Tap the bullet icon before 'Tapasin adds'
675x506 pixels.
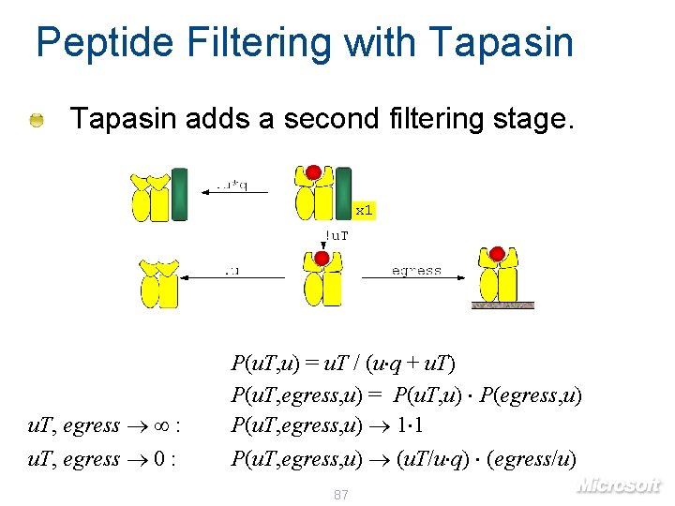tap(36, 120)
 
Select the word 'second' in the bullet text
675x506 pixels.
tap(334, 119)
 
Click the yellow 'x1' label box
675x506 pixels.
tap(364, 211)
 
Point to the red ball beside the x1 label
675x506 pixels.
tap(314, 172)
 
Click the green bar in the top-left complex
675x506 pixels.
tap(179, 194)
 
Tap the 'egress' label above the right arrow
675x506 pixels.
tap(416, 270)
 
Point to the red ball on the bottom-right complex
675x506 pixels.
tap(497, 254)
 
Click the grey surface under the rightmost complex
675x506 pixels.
tap(502, 305)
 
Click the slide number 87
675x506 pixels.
tap(341, 494)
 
